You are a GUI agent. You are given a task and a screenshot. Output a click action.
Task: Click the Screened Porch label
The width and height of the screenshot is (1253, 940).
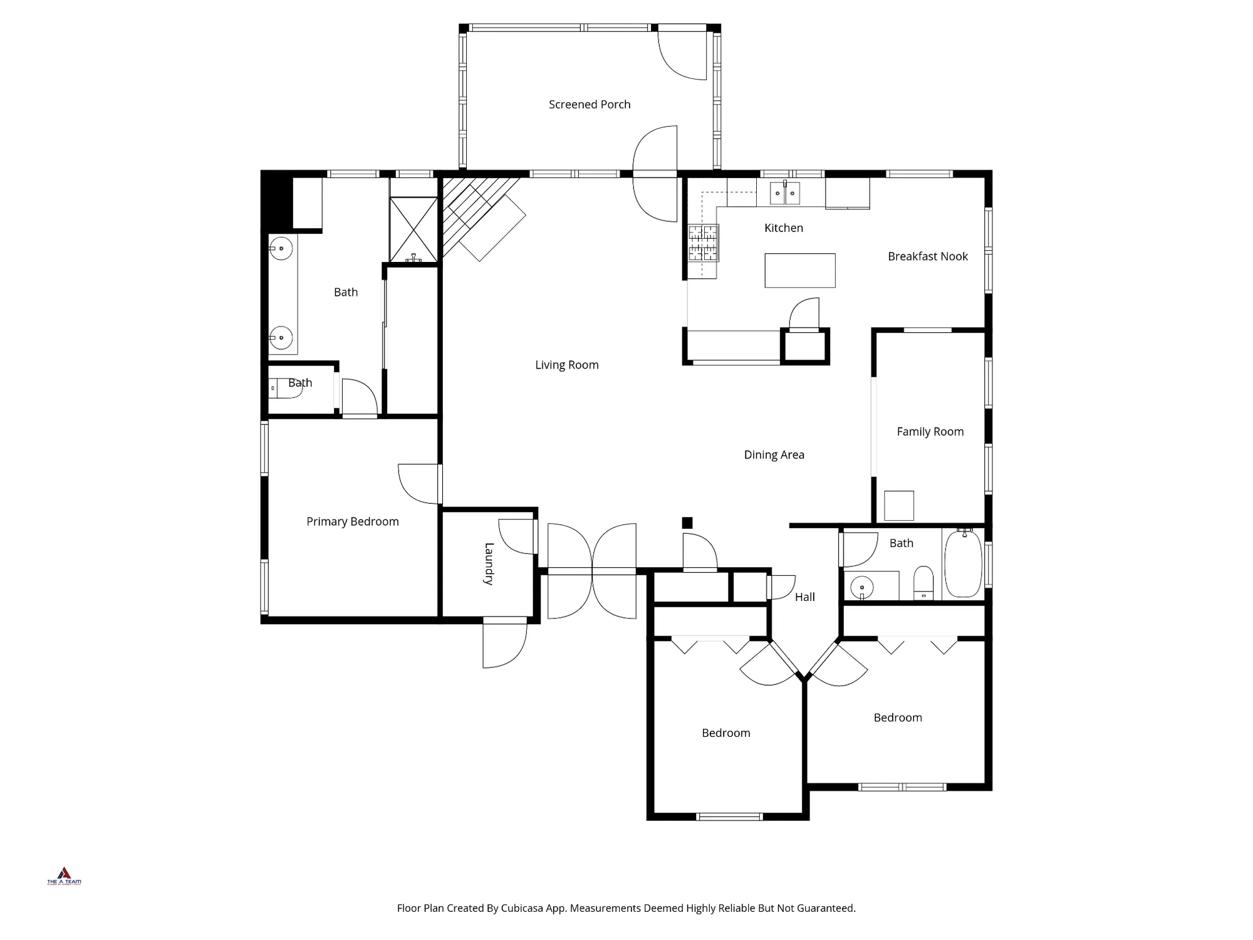590,105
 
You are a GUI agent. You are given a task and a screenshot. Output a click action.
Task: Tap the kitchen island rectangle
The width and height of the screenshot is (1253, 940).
799,271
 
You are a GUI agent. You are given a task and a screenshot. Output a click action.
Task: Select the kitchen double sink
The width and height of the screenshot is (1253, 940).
784,193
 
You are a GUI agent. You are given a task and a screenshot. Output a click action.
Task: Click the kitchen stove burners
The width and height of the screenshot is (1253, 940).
703,243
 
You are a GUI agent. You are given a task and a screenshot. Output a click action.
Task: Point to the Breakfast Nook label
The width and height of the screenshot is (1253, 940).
927,256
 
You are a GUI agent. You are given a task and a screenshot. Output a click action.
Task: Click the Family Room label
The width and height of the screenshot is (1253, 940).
930,432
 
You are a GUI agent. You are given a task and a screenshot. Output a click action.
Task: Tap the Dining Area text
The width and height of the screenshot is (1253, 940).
774,455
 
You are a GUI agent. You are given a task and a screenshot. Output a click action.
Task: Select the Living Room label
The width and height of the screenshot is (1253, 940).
566,365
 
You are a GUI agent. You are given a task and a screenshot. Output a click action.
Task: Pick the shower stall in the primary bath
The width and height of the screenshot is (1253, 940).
413,229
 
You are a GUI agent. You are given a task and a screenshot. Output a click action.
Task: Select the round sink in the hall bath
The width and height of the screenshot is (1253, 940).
862,587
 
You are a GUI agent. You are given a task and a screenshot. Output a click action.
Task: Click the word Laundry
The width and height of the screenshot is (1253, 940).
489,564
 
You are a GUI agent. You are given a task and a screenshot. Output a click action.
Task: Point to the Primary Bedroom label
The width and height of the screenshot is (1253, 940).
352,521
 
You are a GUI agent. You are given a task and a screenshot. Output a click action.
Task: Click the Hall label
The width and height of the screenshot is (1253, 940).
804,597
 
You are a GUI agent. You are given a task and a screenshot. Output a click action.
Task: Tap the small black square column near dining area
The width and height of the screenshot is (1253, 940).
687,523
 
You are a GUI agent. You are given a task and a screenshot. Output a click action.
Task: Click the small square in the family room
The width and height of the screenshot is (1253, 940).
898,506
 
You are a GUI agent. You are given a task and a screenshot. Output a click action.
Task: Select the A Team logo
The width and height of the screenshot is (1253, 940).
64,876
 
